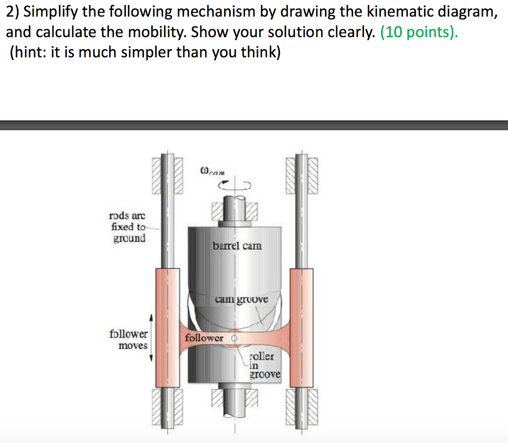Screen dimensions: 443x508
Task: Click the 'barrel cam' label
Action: (237, 246)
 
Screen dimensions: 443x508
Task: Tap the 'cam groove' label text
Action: (241, 299)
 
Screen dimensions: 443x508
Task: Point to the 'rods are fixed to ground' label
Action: (127, 227)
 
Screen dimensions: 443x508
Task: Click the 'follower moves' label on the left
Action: (128, 339)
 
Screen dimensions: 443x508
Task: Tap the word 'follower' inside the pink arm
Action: (204, 338)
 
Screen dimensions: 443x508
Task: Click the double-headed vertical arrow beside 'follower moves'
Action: (152, 337)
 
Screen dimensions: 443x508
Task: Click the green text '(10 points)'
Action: (419, 32)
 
